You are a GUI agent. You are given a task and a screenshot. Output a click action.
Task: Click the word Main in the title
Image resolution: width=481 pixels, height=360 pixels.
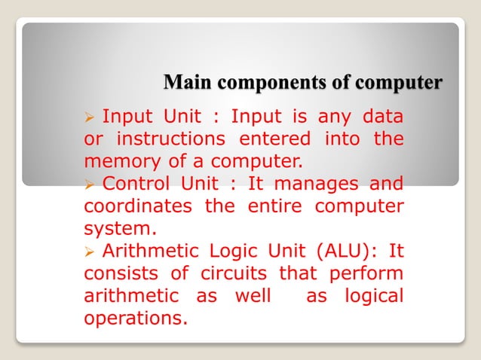coord(184,81)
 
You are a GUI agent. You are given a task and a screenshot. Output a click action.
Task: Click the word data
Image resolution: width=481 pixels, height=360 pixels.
coord(384,117)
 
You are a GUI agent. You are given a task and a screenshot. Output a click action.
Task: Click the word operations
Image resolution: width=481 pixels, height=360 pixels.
coord(135,317)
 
